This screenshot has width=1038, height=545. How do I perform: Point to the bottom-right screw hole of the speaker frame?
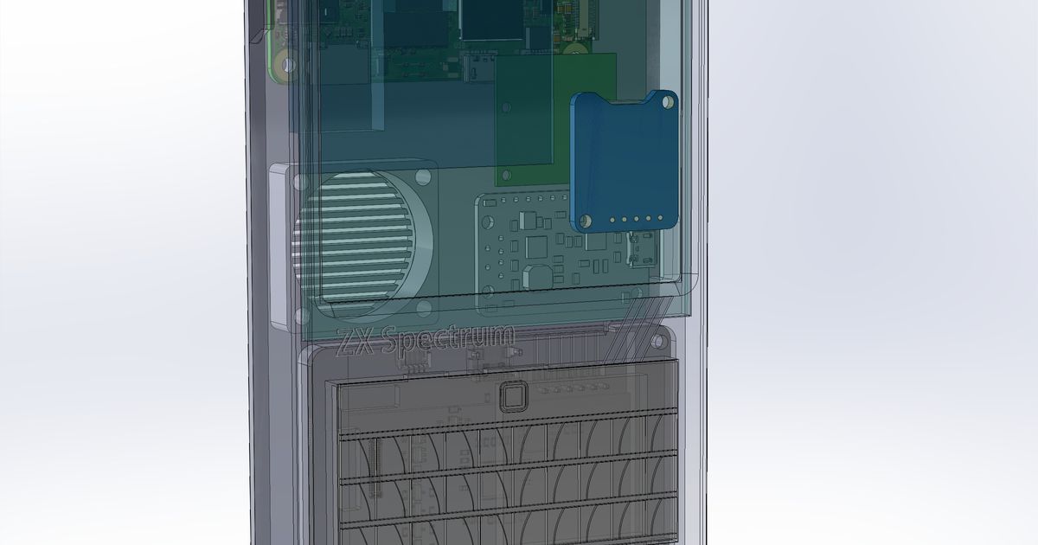click(x=424, y=308)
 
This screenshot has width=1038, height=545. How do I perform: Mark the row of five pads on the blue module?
click(x=636, y=219)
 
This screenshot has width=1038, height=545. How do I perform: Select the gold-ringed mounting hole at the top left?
click(x=286, y=63)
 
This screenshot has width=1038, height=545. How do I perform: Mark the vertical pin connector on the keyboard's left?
click(x=375, y=467)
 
